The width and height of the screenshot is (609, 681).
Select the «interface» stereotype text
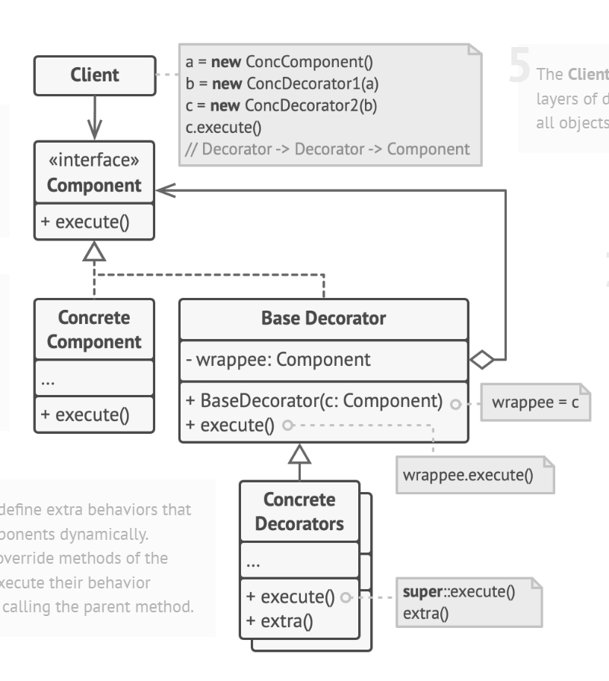click(94, 161)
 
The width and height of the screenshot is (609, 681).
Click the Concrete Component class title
click(94, 329)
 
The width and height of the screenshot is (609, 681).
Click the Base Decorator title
click(323, 319)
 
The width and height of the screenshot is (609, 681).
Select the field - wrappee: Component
click(281, 360)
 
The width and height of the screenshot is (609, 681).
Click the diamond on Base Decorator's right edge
click(482, 361)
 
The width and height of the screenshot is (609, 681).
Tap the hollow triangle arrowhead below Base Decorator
click(299, 453)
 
